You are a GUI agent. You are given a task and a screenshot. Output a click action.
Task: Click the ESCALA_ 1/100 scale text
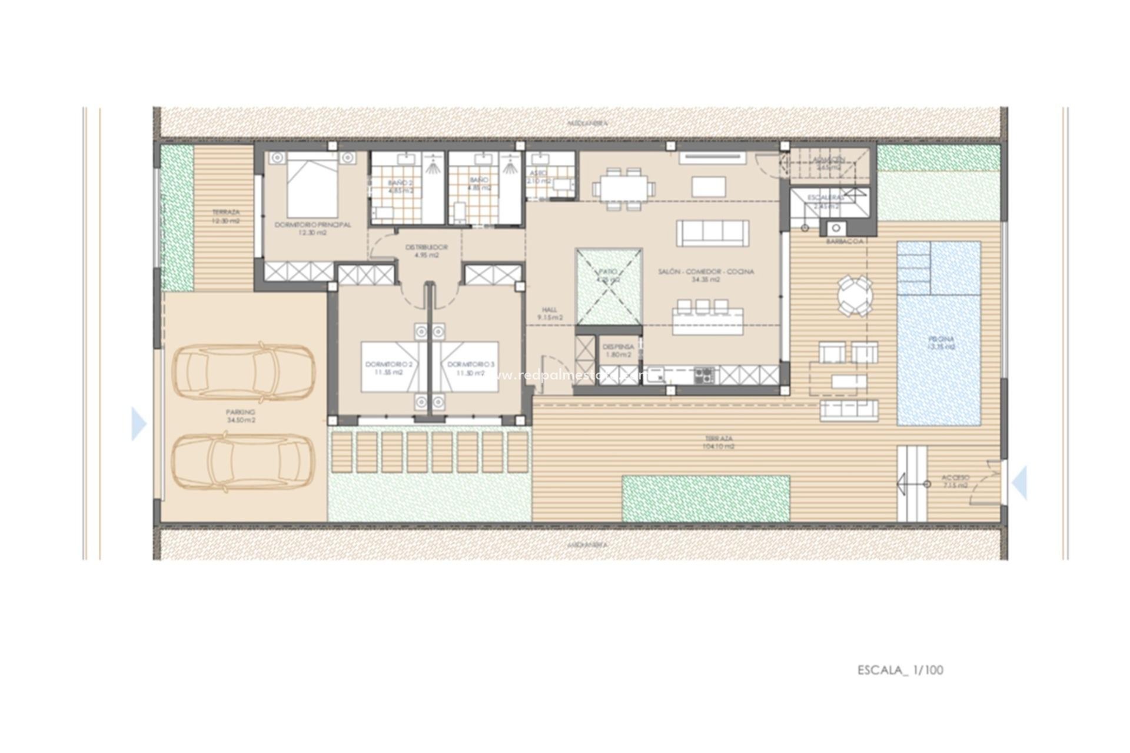(x=900, y=670)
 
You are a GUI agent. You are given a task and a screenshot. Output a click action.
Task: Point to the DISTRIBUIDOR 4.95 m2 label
(x=427, y=251)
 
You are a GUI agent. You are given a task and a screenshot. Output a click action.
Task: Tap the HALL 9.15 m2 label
(x=550, y=314)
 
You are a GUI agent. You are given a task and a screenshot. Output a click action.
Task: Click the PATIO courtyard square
(x=609, y=285)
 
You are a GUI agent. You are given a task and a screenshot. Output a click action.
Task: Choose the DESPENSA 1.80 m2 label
(x=618, y=351)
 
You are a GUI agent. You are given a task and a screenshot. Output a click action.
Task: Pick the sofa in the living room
(x=713, y=233)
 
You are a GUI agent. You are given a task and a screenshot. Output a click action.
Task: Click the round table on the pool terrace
(x=855, y=296)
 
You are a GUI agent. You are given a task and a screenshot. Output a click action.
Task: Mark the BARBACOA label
(x=844, y=241)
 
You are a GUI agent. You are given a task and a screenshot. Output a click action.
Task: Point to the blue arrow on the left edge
(x=139, y=424)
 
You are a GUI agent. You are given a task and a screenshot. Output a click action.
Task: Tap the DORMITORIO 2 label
(x=384, y=368)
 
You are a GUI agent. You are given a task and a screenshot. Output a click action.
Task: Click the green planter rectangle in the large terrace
(x=705, y=498)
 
